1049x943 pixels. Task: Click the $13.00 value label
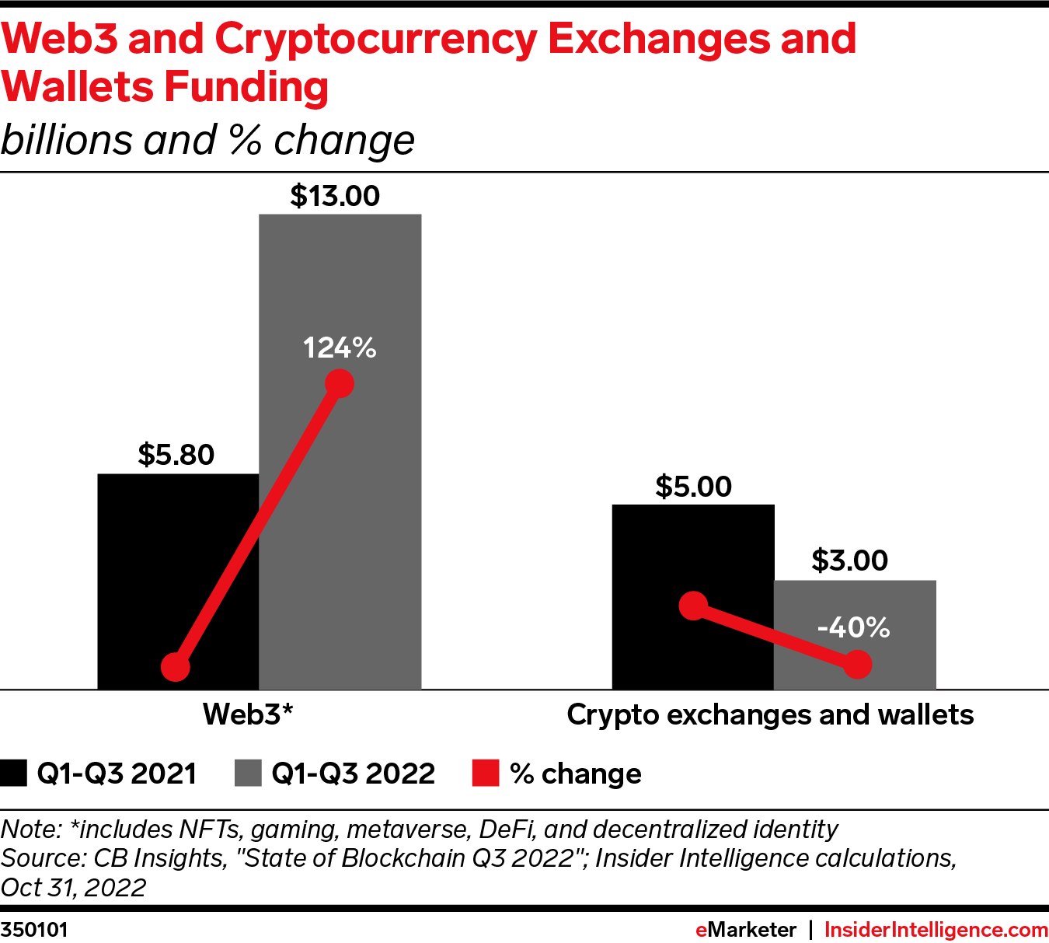(335, 196)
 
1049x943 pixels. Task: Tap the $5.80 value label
(176, 455)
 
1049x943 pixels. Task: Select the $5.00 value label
(693, 487)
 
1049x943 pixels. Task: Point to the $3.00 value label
(849, 561)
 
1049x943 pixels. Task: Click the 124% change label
(340, 348)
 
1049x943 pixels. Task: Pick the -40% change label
(853, 627)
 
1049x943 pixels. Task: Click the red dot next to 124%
(340, 383)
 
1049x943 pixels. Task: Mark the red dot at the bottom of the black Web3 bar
(176, 667)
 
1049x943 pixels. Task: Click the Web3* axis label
(248, 714)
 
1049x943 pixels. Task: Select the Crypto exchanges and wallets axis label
(770, 714)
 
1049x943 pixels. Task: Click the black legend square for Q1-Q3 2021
(14, 774)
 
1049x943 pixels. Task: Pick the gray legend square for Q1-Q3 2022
(248, 774)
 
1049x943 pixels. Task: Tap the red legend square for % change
(486, 774)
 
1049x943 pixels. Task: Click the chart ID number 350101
(34, 930)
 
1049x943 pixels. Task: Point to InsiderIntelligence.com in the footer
(936, 930)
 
